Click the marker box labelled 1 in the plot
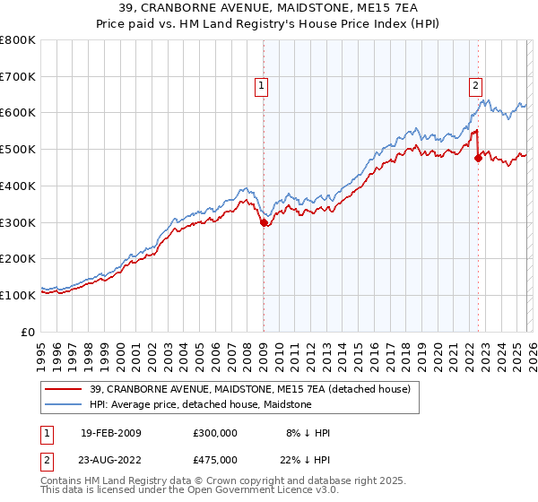261,86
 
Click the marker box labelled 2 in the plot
474,86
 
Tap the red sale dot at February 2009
264,223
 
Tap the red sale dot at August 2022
478,159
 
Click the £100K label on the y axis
18,295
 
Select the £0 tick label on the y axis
29,332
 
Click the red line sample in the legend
64,389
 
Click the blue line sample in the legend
64,404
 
